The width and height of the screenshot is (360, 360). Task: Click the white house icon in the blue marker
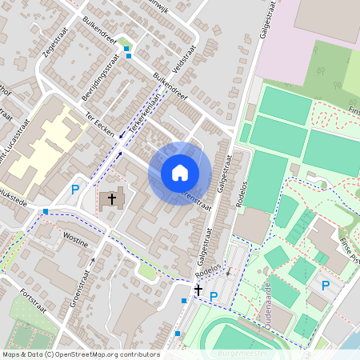click(x=180, y=172)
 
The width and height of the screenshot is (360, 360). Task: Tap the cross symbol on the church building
click(x=112, y=197)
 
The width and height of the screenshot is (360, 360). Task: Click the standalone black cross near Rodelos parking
click(x=198, y=290)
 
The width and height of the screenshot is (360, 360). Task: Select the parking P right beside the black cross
click(x=214, y=297)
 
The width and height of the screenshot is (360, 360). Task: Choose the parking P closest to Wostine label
click(x=75, y=190)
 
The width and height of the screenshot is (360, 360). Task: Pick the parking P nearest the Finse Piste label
click(x=326, y=286)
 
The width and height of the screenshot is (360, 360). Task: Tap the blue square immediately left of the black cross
click(x=184, y=300)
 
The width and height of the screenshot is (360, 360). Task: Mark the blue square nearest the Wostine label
click(x=46, y=211)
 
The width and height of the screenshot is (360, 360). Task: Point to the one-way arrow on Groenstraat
click(x=92, y=262)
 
